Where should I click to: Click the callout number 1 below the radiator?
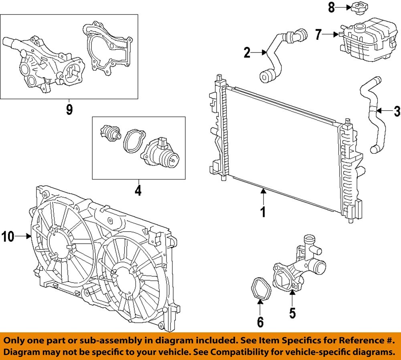point(263,212)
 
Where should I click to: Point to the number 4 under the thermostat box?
point(138,190)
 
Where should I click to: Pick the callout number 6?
point(260,321)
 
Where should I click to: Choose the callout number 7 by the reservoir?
point(318,35)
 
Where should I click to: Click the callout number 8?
point(332,8)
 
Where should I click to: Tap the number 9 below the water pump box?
point(69,109)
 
